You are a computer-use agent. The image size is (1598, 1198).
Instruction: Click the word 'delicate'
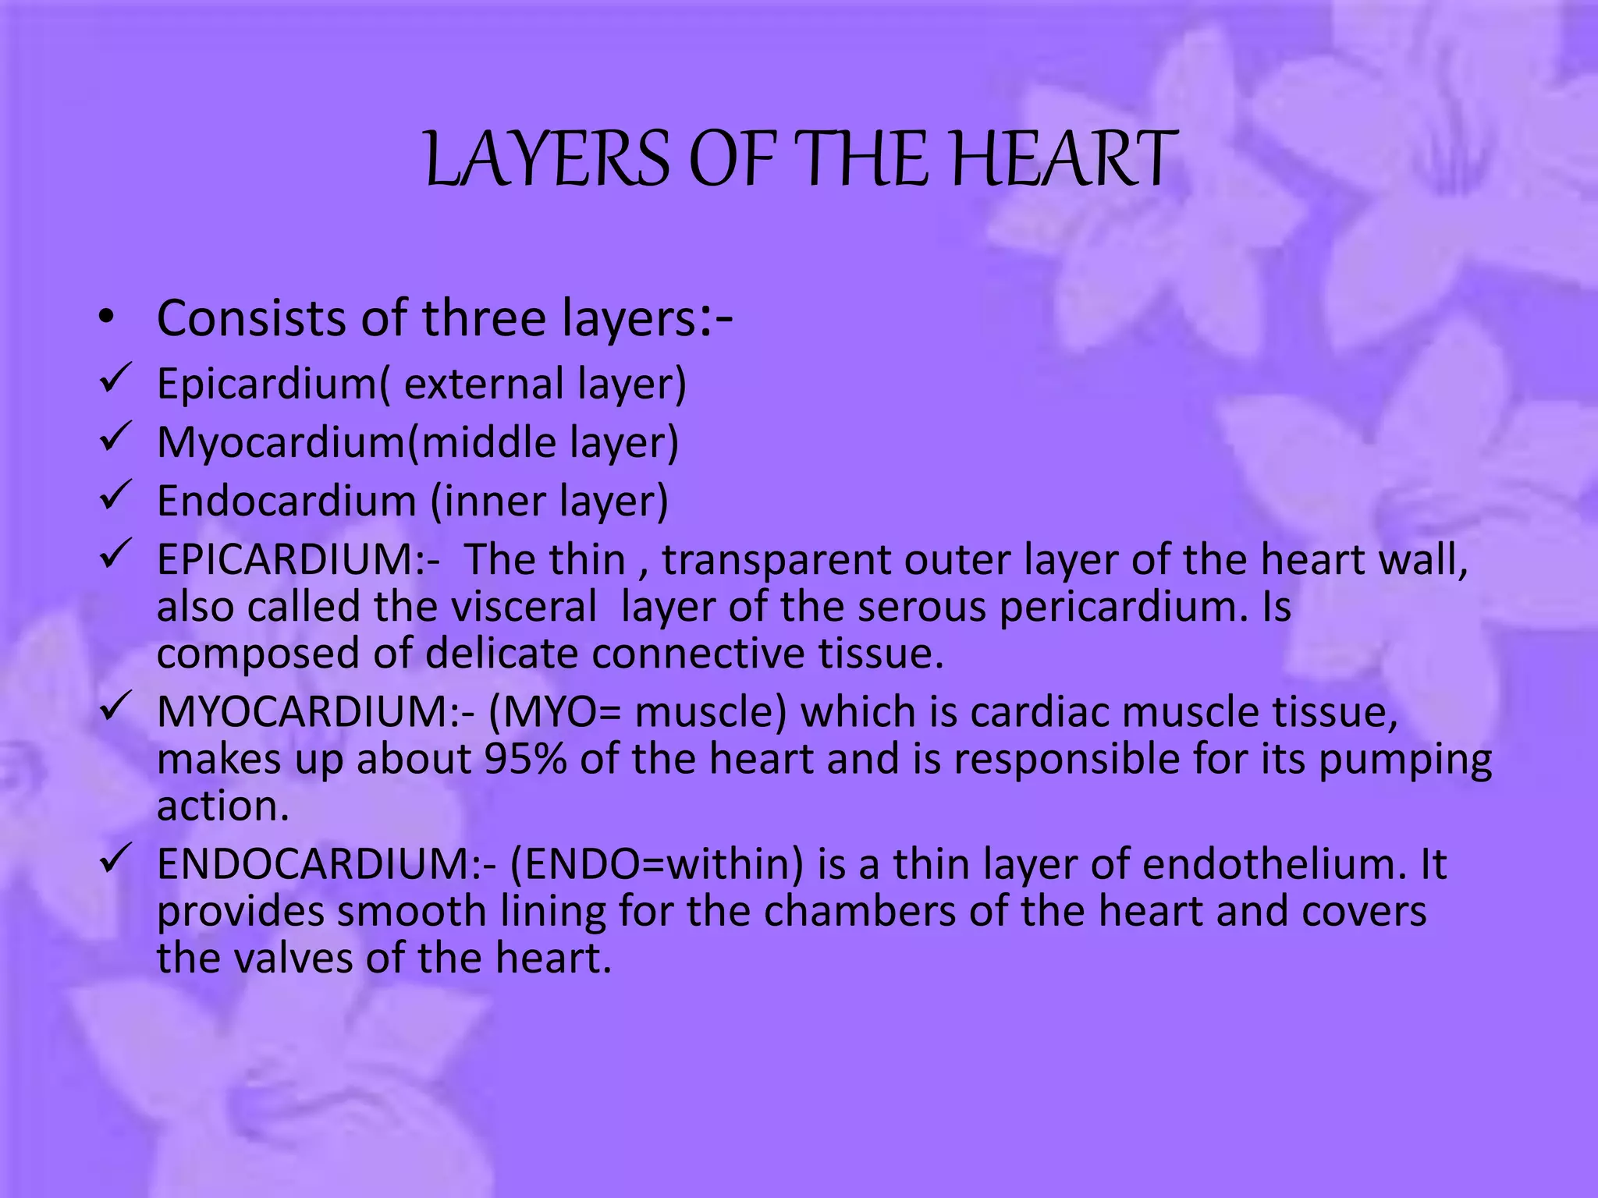coord(502,653)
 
